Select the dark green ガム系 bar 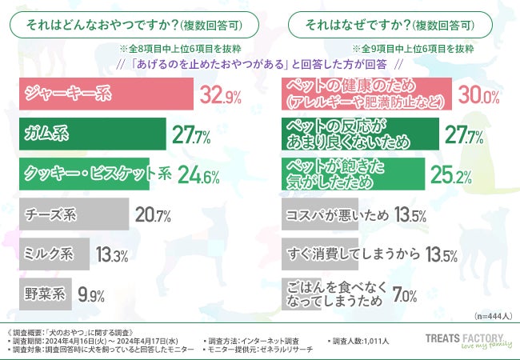(x=92, y=134)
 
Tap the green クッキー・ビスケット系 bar (x=84, y=174)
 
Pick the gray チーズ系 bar (x=72, y=214)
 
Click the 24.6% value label (x=196, y=174)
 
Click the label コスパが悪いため (x=336, y=214)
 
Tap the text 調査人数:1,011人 (x=359, y=342)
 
